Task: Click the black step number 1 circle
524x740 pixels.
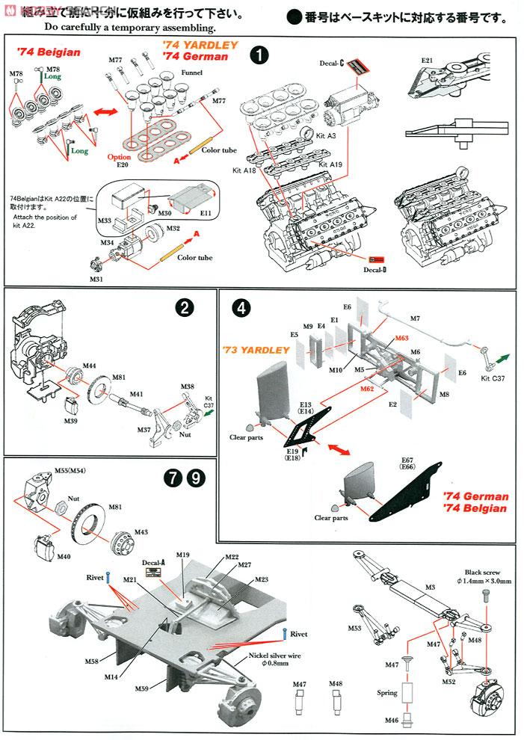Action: point(259,56)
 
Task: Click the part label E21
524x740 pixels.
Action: point(428,61)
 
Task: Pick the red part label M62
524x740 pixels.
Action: point(367,389)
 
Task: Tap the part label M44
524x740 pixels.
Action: point(89,366)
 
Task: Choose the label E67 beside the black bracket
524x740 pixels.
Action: point(407,460)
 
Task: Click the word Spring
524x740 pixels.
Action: point(387,693)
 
